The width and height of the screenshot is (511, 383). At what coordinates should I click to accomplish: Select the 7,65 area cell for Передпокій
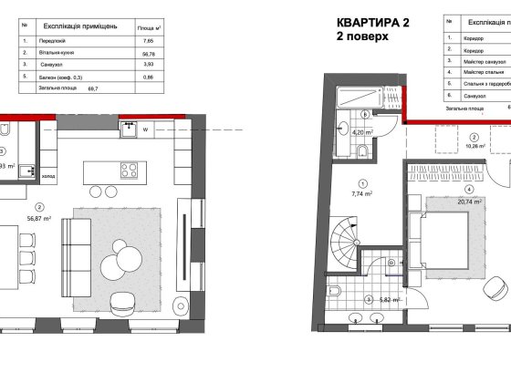click(x=144, y=41)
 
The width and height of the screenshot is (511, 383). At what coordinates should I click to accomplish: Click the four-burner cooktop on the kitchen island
click(x=129, y=170)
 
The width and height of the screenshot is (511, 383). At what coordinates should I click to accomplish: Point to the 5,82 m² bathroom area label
click(x=379, y=300)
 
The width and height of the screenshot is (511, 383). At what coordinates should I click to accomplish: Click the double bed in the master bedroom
click(x=446, y=239)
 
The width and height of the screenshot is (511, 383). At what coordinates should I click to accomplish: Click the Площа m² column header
click(x=144, y=28)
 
